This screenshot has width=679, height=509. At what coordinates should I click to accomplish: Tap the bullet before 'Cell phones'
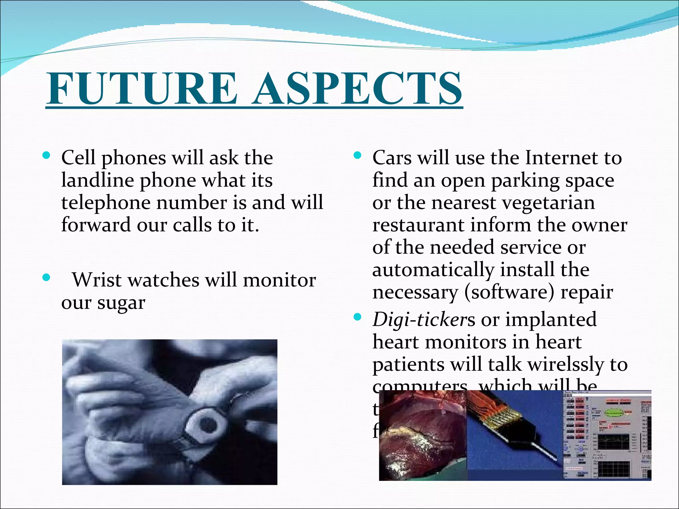(46, 155)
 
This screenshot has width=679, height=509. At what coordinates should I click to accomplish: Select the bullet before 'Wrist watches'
(46, 277)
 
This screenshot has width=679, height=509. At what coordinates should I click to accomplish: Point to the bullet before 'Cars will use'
(357, 155)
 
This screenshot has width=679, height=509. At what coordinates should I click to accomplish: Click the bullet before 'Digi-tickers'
(357, 317)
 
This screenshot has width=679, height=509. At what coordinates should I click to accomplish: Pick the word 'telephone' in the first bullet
(106, 203)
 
